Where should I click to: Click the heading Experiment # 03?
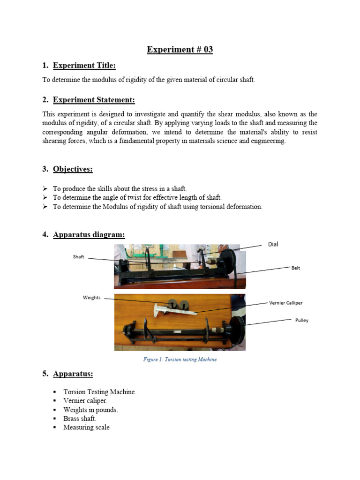click(x=180, y=50)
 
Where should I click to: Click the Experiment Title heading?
click(x=84, y=65)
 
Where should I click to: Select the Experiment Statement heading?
click(x=94, y=99)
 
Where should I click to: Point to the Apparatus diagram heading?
click(x=89, y=234)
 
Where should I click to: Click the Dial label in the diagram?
click(x=273, y=244)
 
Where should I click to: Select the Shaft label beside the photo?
click(x=78, y=257)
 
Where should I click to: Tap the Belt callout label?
click(x=295, y=268)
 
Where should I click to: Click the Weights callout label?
click(x=91, y=298)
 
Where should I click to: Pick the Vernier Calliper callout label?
click(x=285, y=303)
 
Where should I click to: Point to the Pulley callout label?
click(x=301, y=320)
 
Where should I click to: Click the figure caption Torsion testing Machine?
click(x=180, y=360)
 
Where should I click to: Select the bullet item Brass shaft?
click(x=80, y=419)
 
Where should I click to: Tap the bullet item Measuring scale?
click(x=86, y=427)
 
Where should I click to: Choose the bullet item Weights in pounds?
click(x=90, y=410)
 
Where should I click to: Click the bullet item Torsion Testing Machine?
click(x=100, y=392)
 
